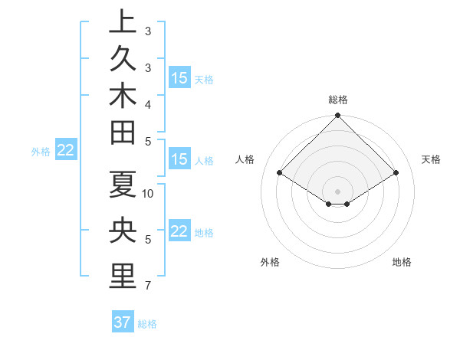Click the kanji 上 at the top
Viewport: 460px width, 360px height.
click(x=123, y=22)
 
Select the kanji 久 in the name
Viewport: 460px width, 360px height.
click(x=123, y=59)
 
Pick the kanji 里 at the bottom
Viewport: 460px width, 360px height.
click(x=123, y=277)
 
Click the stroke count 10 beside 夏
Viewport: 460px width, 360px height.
click(x=148, y=193)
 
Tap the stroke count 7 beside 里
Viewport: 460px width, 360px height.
click(x=148, y=286)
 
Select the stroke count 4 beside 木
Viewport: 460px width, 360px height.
click(x=148, y=104)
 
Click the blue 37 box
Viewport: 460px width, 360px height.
click(x=122, y=322)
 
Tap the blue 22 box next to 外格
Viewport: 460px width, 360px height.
click(x=65, y=151)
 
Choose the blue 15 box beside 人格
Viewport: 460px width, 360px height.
click(x=179, y=160)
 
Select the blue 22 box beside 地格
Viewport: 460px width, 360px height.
click(x=179, y=231)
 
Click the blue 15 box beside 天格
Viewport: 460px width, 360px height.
click(x=179, y=78)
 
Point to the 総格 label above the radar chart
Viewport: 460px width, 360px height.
click(x=338, y=100)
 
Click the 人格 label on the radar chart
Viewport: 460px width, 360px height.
click(x=245, y=159)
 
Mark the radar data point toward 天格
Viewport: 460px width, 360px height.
click(x=396, y=173)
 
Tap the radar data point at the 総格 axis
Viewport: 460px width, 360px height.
click(x=338, y=116)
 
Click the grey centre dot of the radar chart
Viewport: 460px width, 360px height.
click(x=338, y=191)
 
